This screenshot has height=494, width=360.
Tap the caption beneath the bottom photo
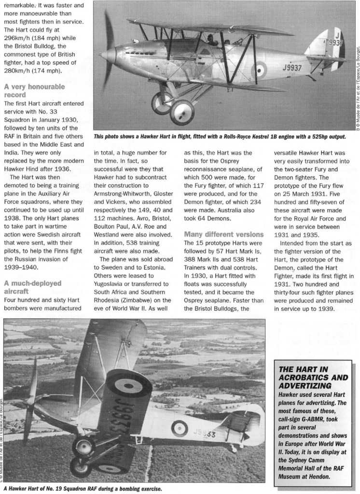click(82, 489)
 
